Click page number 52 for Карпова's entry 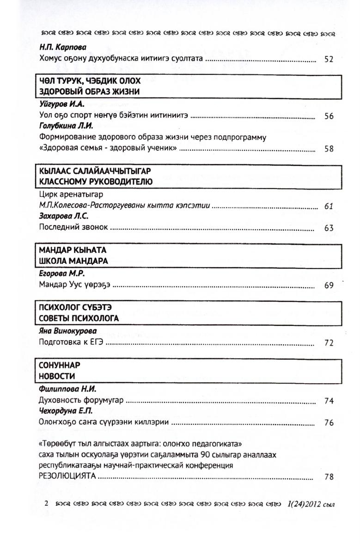tap(329, 60)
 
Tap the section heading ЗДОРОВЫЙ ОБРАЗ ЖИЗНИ tap(90, 92)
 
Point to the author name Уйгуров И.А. tap(58, 105)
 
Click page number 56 tap(329, 116)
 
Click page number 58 tap(329, 149)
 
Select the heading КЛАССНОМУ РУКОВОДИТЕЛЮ tap(96, 182)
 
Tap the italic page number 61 tap(329, 206)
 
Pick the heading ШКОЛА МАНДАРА tap(74, 261)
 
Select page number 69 tap(329, 285)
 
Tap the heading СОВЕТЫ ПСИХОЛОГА tap(79, 318)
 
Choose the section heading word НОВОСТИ tap(57, 375)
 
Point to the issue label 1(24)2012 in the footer tap(299, 504)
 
